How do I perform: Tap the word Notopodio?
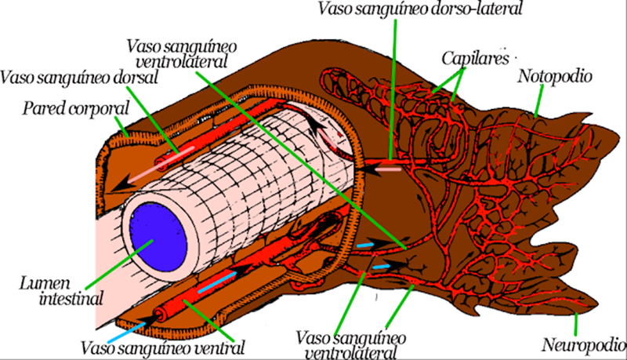pos(554,76)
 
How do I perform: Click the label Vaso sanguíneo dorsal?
pos(81,78)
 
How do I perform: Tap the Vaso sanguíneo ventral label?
pos(163,346)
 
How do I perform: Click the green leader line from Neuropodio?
pos(578,324)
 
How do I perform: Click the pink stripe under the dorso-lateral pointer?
pos(388,167)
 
